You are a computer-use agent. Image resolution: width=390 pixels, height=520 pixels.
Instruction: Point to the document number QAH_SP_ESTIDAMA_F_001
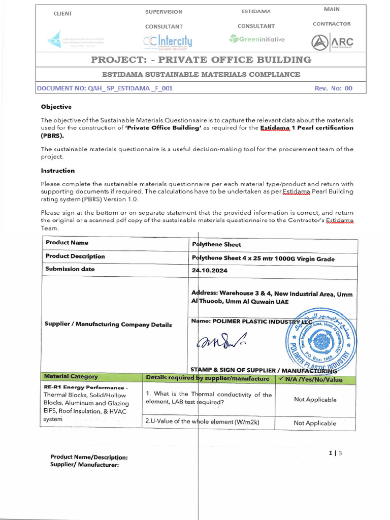tap(105, 88)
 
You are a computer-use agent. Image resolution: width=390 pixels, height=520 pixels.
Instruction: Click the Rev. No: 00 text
tap(333, 88)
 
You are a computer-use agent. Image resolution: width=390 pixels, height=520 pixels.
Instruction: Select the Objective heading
tap(56, 107)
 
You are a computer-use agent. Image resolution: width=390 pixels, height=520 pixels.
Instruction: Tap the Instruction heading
tap(57, 171)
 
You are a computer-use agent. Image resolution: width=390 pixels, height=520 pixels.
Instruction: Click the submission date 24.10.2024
tap(209, 271)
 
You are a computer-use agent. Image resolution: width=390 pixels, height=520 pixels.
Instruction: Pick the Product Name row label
tap(67, 243)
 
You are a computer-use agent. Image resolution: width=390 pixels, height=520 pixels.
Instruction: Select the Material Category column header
tap(71, 377)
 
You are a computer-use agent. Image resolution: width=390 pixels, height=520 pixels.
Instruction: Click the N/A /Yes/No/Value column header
tap(310, 379)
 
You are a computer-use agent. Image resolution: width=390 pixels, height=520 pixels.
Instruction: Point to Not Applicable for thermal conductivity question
tap(315, 400)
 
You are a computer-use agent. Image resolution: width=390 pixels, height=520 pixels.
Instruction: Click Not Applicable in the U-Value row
tap(315, 423)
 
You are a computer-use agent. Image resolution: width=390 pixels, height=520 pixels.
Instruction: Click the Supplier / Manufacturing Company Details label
tap(108, 324)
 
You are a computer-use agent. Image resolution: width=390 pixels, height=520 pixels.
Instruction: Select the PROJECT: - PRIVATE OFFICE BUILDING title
tap(201, 60)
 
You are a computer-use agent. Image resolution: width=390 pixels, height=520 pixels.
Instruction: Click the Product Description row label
tap(75, 256)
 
